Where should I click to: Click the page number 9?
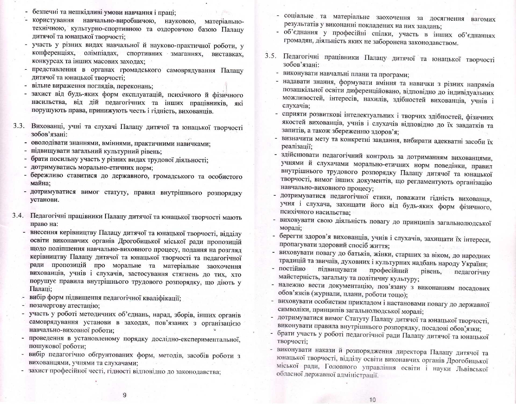pyautogui.click(x=124, y=395)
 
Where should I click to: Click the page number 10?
pyautogui.click(x=372, y=400)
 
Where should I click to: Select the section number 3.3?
pyautogui.click(x=19, y=126)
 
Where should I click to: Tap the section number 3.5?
pyautogui.click(x=270, y=56)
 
